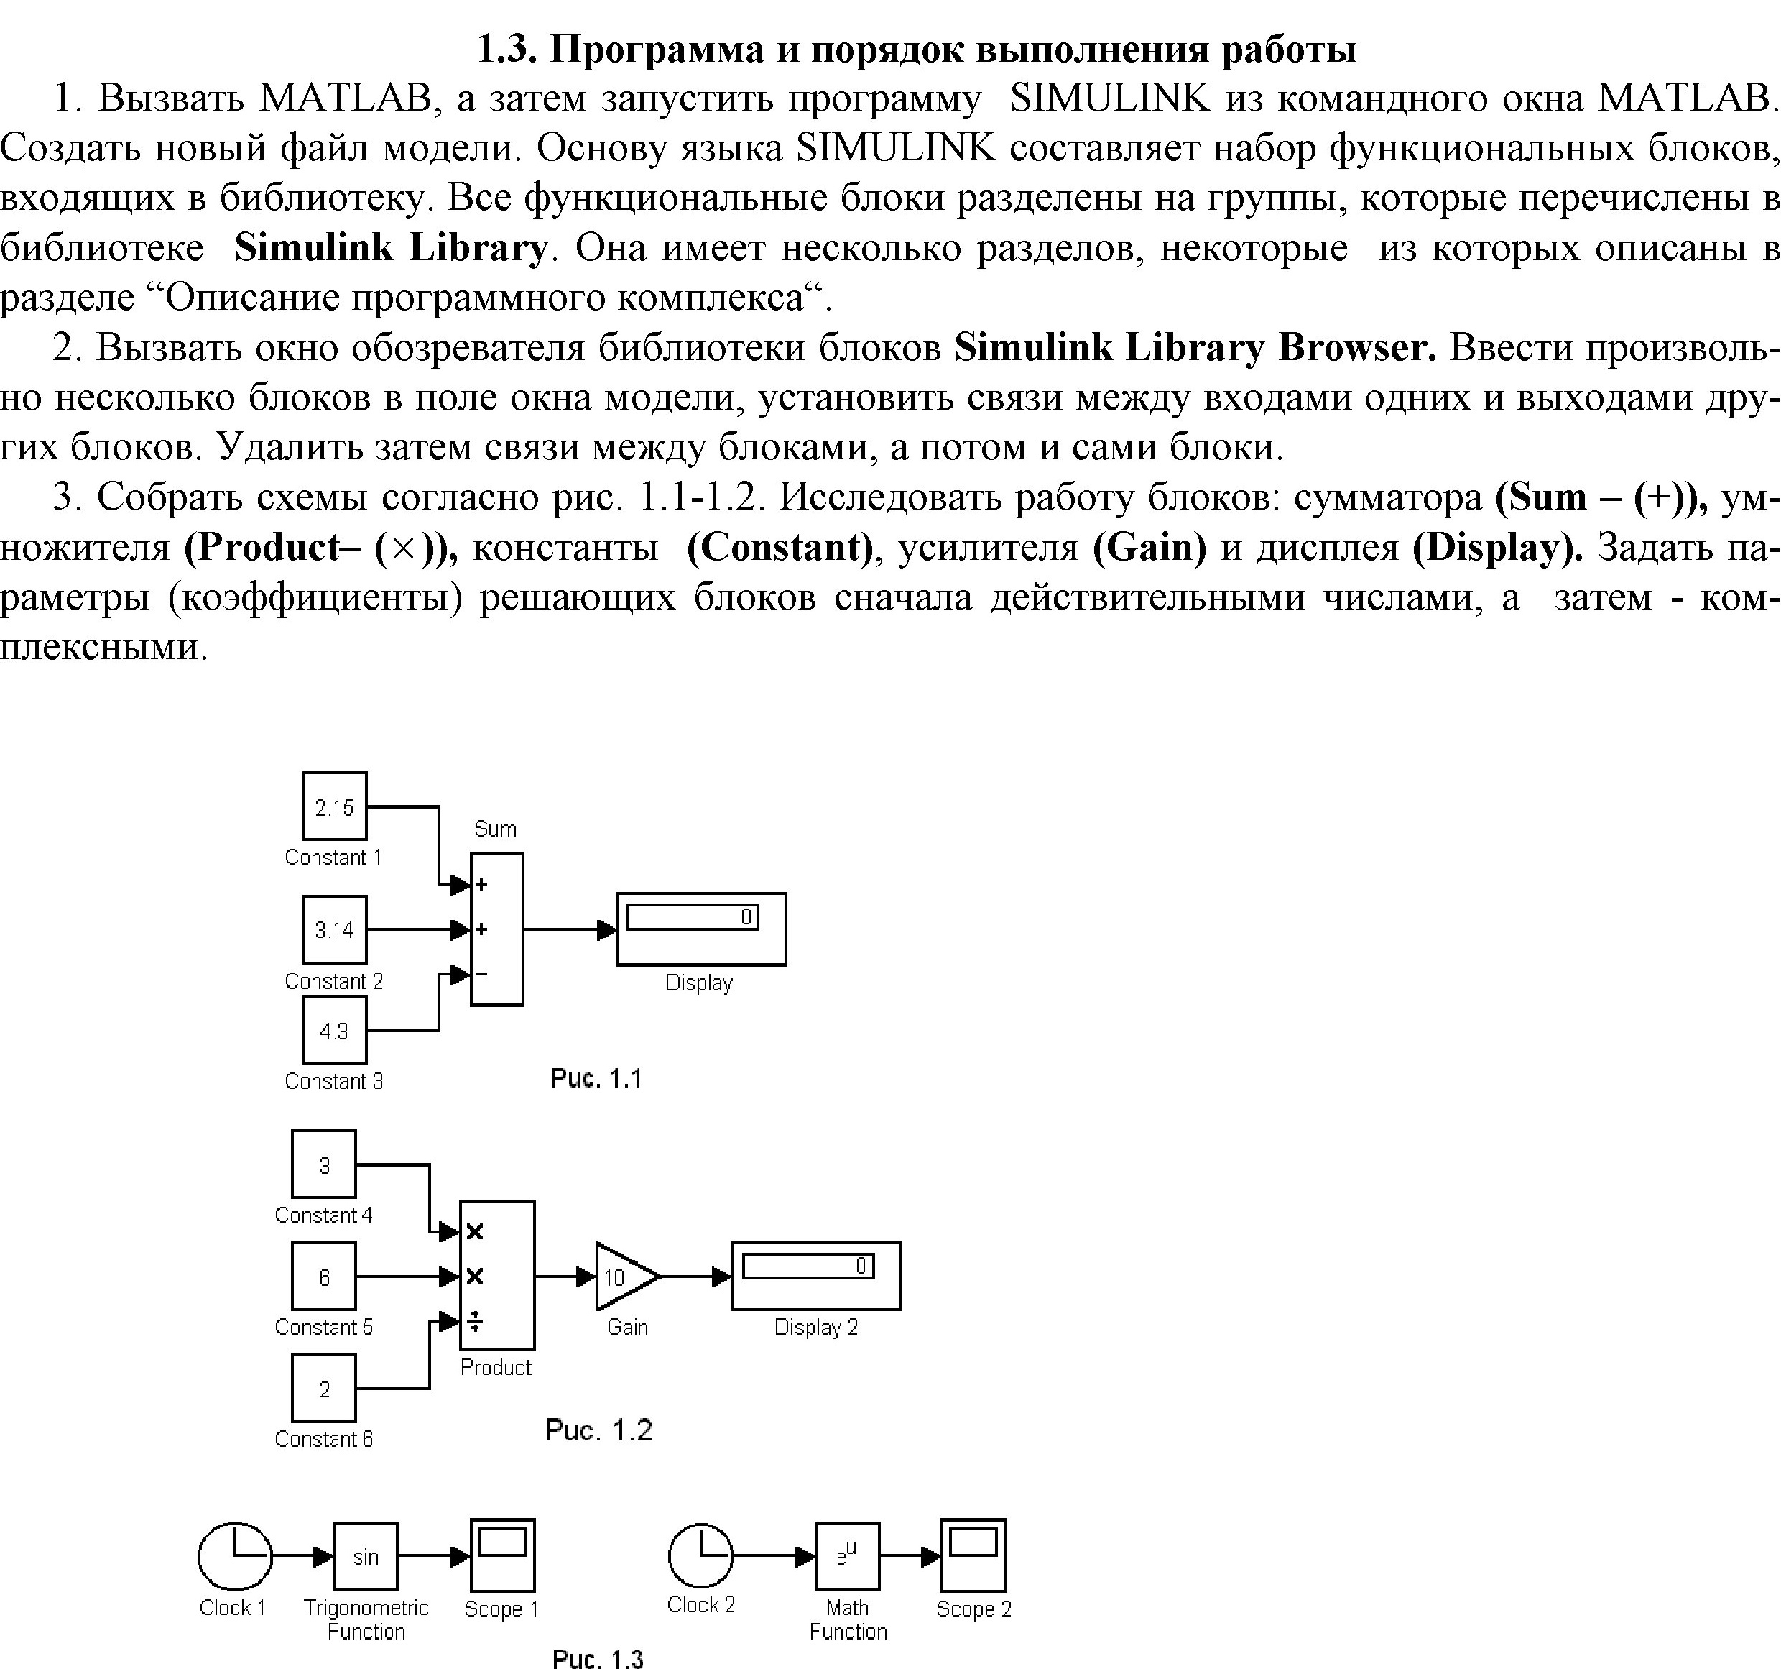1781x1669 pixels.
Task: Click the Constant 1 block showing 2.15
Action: [x=335, y=806]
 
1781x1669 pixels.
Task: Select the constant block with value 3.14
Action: [x=335, y=929]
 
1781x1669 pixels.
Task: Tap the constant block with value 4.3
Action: [x=335, y=1030]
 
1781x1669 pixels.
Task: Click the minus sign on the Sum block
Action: [x=481, y=973]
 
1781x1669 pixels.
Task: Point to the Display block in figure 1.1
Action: [x=701, y=929]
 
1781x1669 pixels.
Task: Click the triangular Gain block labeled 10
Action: [x=628, y=1277]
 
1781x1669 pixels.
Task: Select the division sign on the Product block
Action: [x=476, y=1321]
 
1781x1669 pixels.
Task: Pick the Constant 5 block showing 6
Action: [x=323, y=1277]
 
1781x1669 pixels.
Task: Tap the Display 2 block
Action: [x=816, y=1276]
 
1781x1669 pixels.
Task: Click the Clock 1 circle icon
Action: [x=235, y=1557]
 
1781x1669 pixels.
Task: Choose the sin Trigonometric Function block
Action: [x=366, y=1557]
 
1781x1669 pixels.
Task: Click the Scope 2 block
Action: [x=973, y=1555]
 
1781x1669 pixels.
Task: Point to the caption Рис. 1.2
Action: [x=598, y=1430]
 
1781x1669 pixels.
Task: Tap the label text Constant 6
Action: [x=323, y=1439]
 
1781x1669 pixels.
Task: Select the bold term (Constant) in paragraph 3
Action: [x=780, y=547]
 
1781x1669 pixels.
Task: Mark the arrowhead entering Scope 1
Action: [x=461, y=1557]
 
